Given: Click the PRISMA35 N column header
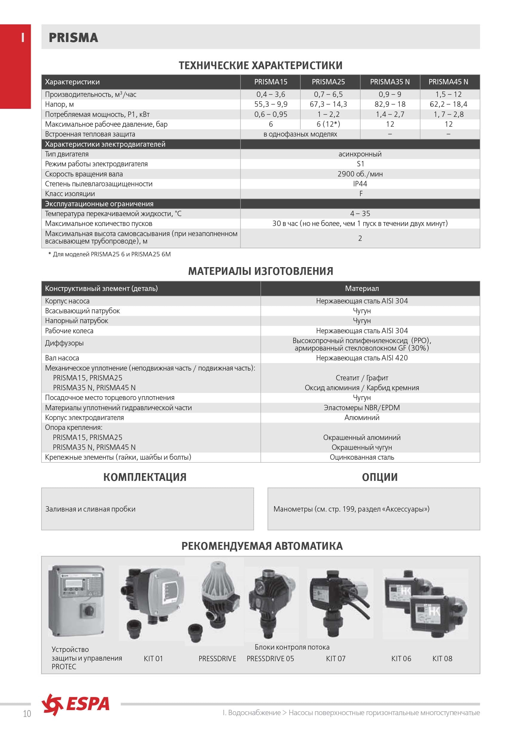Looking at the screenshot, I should [390, 82].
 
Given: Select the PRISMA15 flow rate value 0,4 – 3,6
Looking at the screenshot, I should [271, 94].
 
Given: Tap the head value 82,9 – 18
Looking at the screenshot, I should [390, 104].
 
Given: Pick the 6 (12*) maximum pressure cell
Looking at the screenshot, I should [328, 124].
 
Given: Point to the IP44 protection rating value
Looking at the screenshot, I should [360, 184].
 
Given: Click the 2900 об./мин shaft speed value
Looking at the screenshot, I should [360, 174].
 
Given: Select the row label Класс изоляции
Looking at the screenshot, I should [70, 194].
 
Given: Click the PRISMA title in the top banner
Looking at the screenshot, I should [73, 38].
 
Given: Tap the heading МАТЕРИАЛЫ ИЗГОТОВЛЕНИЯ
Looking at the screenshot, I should [260, 271].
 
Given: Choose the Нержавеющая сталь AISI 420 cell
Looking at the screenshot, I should [362, 358].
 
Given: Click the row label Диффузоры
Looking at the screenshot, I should [64, 343].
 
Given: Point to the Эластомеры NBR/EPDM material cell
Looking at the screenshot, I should [362, 408].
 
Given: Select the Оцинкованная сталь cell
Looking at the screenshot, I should [362, 457].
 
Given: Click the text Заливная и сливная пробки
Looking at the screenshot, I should [90, 509].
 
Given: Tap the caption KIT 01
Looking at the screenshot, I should [153, 659].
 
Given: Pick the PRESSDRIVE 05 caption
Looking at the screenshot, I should [270, 659].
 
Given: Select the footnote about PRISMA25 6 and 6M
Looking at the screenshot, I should [109, 254].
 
